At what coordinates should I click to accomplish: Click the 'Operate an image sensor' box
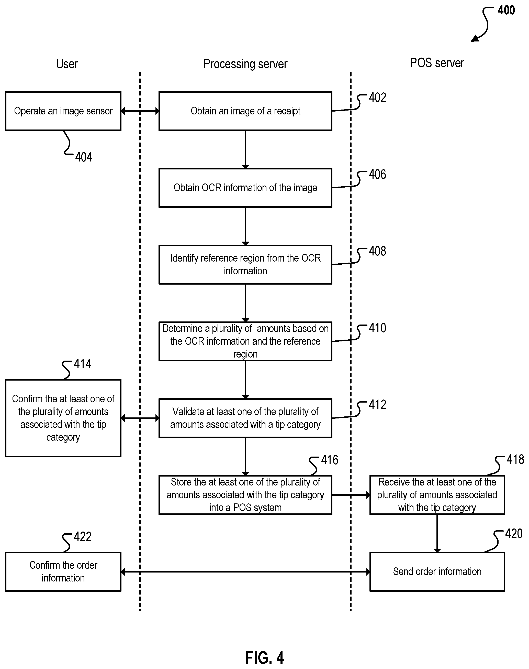pyautogui.click(x=63, y=111)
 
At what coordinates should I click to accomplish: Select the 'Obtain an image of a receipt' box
pyautogui.click(x=245, y=111)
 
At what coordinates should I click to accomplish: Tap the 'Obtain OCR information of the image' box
pyautogui.click(x=245, y=188)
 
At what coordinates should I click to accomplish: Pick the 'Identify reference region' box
pyautogui.click(x=245, y=264)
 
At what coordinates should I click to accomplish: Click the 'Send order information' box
pyautogui.click(x=437, y=571)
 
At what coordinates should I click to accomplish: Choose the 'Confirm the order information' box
pyautogui.click(x=63, y=571)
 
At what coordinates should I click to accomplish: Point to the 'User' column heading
pyautogui.click(x=67, y=64)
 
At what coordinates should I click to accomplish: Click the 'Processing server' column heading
pyautogui.click(x=245, y=64)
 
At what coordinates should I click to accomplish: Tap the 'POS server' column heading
pyautogui.click(x=437, y=63)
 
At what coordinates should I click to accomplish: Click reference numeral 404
pyautogui.click(x=84, y=157)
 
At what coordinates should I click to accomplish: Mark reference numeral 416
pyautogui.click(x=330, y=460)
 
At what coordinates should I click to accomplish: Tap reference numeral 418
pyautogui.click(x=515, y=459)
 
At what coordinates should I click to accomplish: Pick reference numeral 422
pyautogui.click(x=82, y=537)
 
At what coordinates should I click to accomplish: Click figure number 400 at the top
pyautogui.click(x=506, y=10)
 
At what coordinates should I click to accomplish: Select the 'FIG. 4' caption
pyautogui.click(x=264, y=657)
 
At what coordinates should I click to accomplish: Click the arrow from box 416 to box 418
pyautogui.click(x=351, y=495)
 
